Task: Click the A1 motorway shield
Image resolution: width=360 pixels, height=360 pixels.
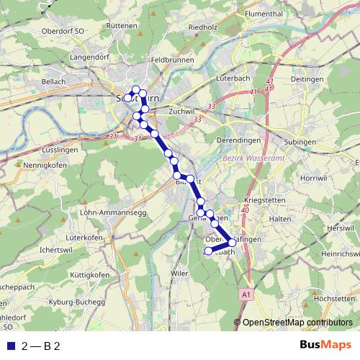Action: tap(248, 294)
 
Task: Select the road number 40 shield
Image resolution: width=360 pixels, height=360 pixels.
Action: tap(246, 210)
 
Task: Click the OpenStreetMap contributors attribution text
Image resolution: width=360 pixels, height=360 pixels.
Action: tap(297, 323)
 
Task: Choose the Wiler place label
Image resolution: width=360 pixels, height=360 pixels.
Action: tap(179, 274)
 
